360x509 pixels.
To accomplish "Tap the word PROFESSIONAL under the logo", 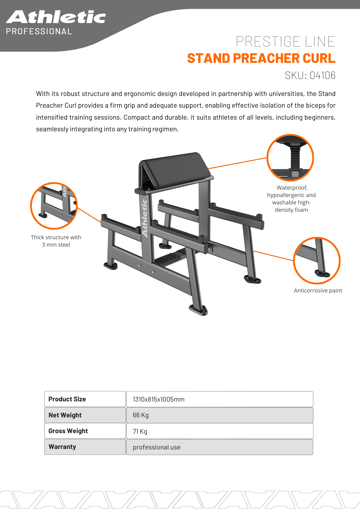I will point(39,31).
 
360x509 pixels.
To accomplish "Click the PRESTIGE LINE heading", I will point(285,41).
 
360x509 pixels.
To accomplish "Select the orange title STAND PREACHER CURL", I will point(261,58).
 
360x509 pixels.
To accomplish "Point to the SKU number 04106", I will point(322,75).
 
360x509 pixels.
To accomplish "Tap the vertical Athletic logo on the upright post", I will point(145,218).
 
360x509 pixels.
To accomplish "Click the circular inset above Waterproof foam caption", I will point(290,158).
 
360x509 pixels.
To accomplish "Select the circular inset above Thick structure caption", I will point(54,206).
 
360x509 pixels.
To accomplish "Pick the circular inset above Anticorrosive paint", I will point(316,260).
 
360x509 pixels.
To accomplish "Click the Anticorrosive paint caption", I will point(318,290).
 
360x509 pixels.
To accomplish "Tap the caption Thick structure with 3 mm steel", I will point(56,241).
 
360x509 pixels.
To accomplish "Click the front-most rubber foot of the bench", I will point(198,310).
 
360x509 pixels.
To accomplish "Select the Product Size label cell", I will point(85,399).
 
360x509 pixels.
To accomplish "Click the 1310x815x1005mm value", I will point(159,399).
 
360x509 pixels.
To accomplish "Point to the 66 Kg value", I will point(141,415).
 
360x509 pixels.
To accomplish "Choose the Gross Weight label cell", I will point(85,431).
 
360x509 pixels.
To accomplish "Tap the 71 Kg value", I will point(140,431).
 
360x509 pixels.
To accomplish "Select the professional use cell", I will point(157,447).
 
